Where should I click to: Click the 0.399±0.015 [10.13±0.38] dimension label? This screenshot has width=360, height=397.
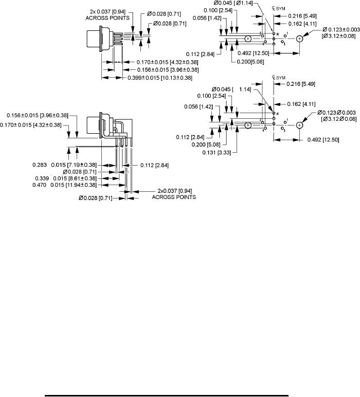160,78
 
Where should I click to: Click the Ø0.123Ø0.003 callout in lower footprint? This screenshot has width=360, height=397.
339,113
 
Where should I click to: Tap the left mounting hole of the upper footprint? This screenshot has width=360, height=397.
248,39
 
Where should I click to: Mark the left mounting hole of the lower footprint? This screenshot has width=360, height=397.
248,124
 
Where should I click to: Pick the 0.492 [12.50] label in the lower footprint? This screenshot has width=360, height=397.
326,139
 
